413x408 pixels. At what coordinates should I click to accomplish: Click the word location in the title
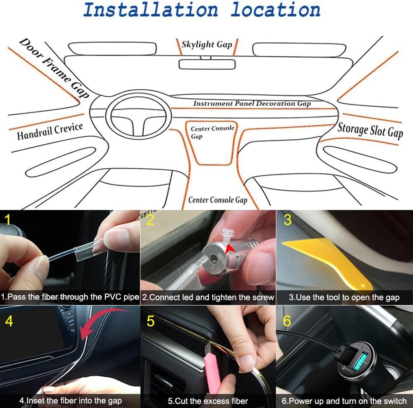(x=275, y=10)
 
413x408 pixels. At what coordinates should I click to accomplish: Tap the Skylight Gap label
(x=207, y=44)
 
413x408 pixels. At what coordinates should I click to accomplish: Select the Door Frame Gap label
(x=54, y=68)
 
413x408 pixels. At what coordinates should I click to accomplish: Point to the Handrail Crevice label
(x=50, y=131)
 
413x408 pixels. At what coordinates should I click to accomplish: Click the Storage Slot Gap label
(x=370, y=130)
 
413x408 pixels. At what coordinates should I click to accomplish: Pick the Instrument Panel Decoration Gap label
(x=252, y=103)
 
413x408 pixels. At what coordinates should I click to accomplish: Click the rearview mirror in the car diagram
(x=207, y=64)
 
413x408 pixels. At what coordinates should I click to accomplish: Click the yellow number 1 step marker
(x=7, y=220)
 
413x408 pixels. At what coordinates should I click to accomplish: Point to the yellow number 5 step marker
(x=150, y=321)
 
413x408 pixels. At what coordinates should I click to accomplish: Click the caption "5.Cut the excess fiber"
(x=208, y=401)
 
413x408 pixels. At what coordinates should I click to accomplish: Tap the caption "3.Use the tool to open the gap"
(x=344, y=297)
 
